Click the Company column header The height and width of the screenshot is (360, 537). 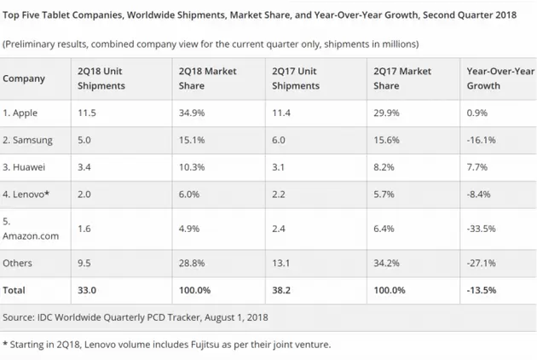[25, 79]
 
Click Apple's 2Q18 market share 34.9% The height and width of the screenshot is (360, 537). [193, 113]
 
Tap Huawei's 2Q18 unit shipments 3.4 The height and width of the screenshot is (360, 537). [83, 166]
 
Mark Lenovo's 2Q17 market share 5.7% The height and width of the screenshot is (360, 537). [383, 194]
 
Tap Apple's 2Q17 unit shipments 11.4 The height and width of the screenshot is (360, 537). [282, 113]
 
